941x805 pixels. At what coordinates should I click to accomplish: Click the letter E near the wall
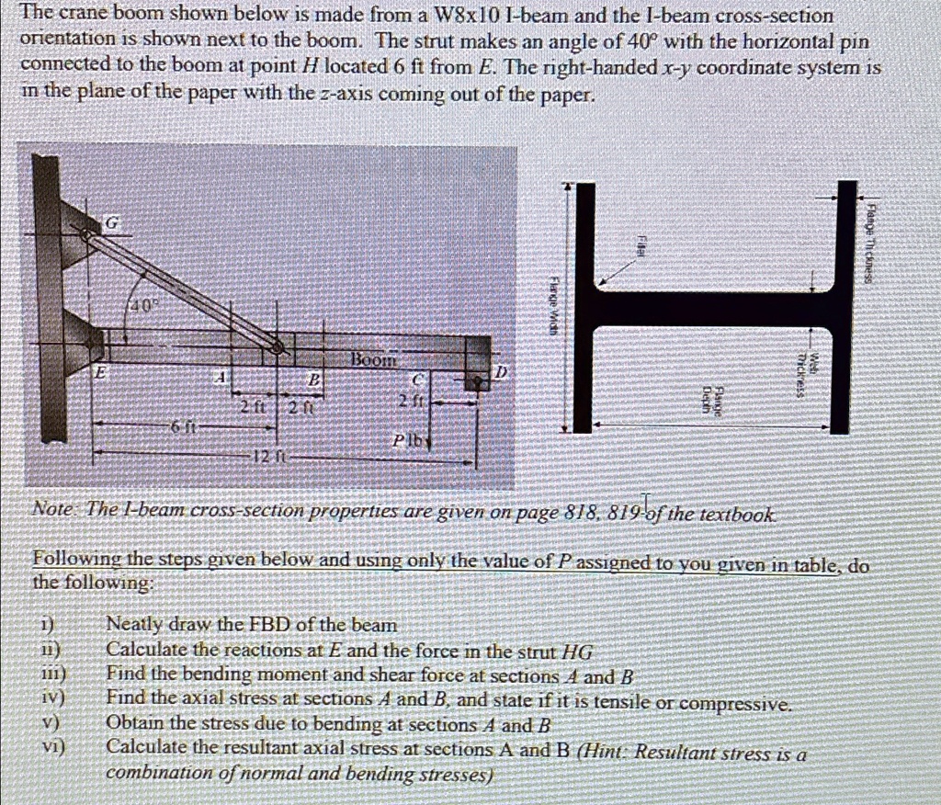pyautogui.click(x=101, y=373)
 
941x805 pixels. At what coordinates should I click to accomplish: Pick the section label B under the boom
pyautogui.click(x=312, y=379)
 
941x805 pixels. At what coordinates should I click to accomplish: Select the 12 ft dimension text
pyautogui.click(x=266, y=457)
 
